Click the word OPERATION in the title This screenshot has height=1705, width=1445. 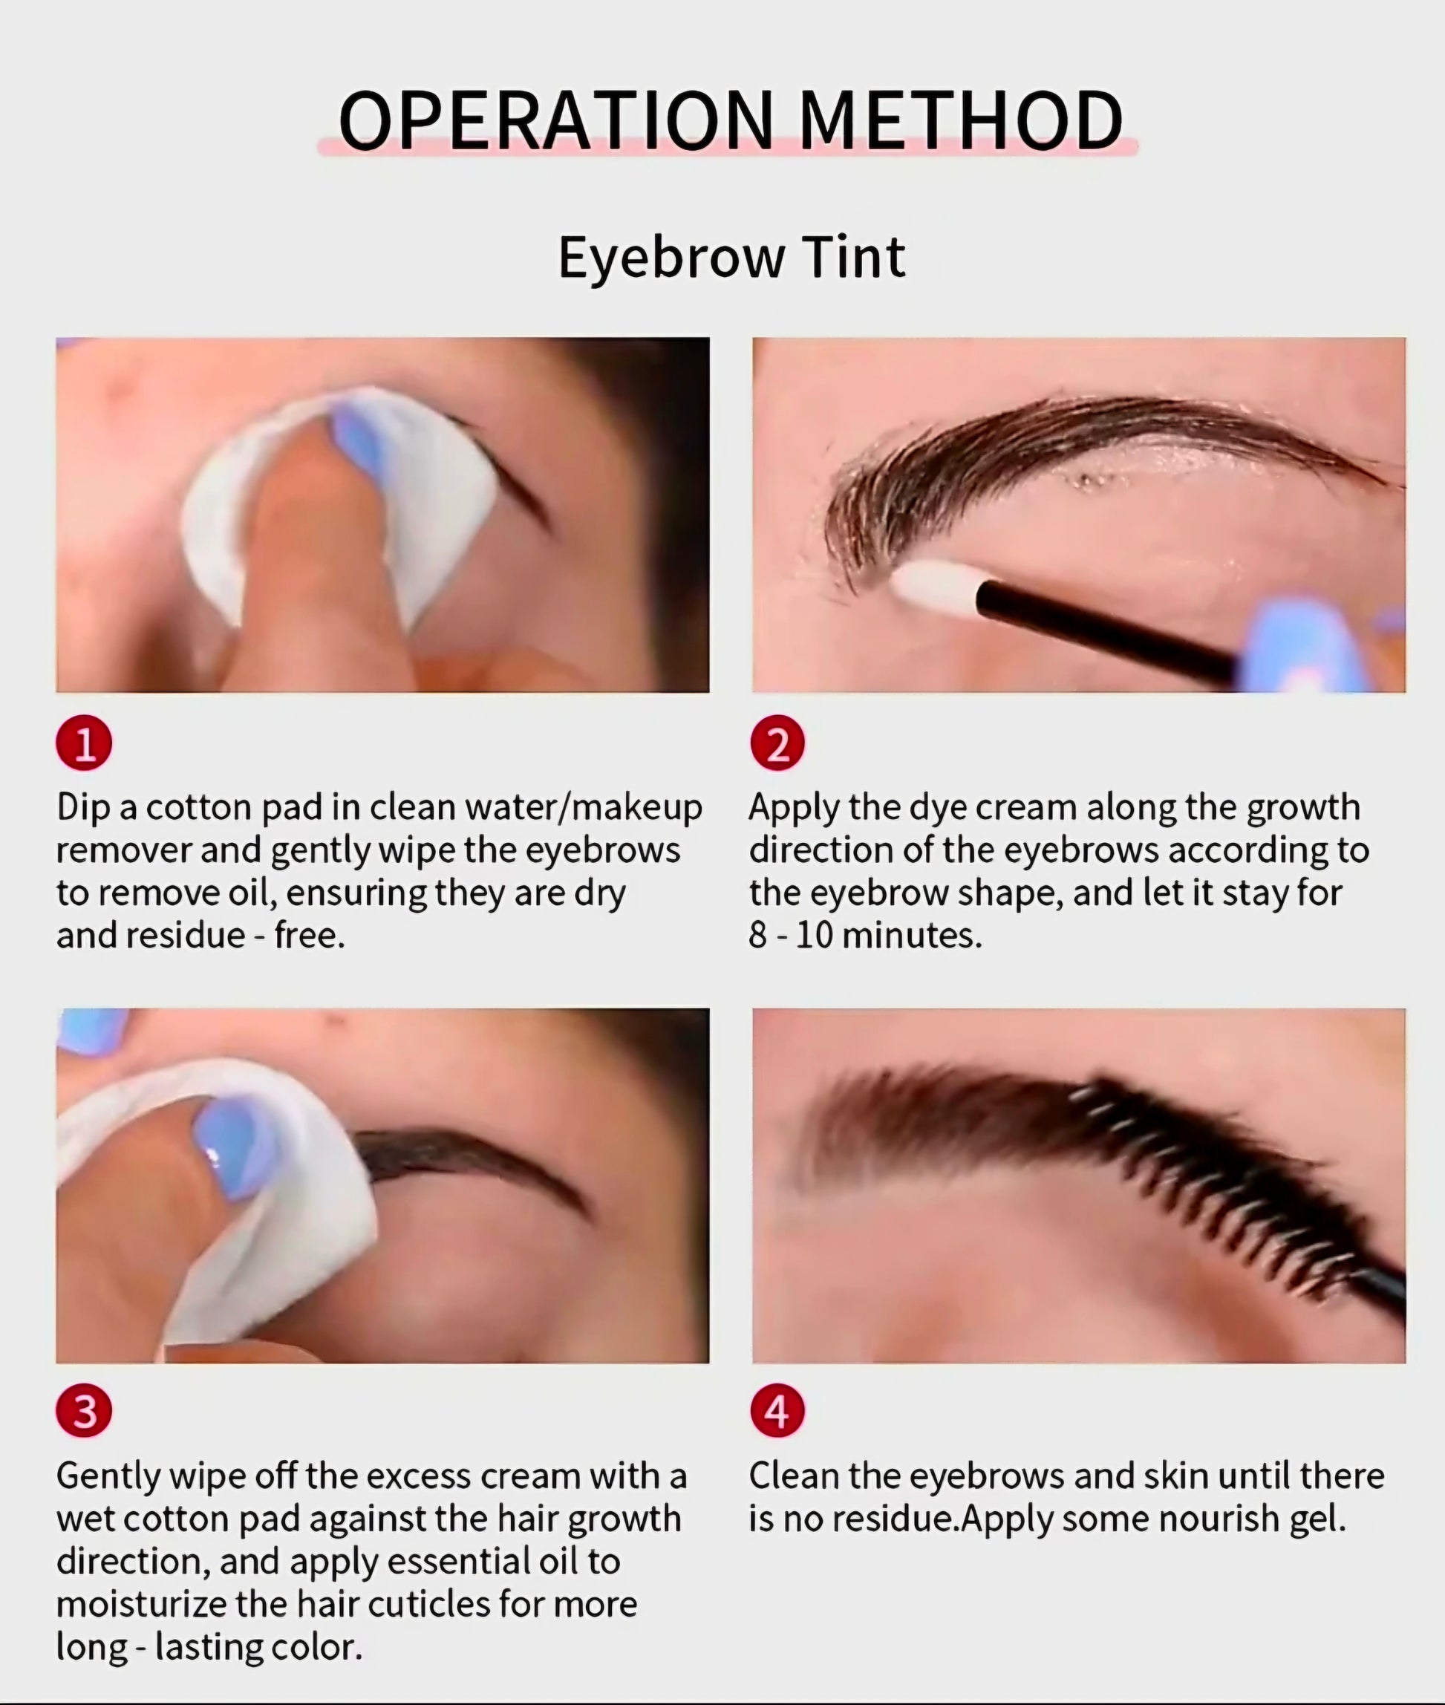point(556,120)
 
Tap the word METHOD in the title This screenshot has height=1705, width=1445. point(960,120)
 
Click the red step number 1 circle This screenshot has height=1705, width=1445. point(85,744)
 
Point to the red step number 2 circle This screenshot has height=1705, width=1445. point(777,744)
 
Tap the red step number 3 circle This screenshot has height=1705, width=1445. point(85,1411)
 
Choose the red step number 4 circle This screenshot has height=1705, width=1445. point(777,1411)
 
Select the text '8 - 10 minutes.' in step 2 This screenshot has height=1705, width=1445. point(865,935)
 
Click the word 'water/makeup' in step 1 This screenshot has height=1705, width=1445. point(583,808)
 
